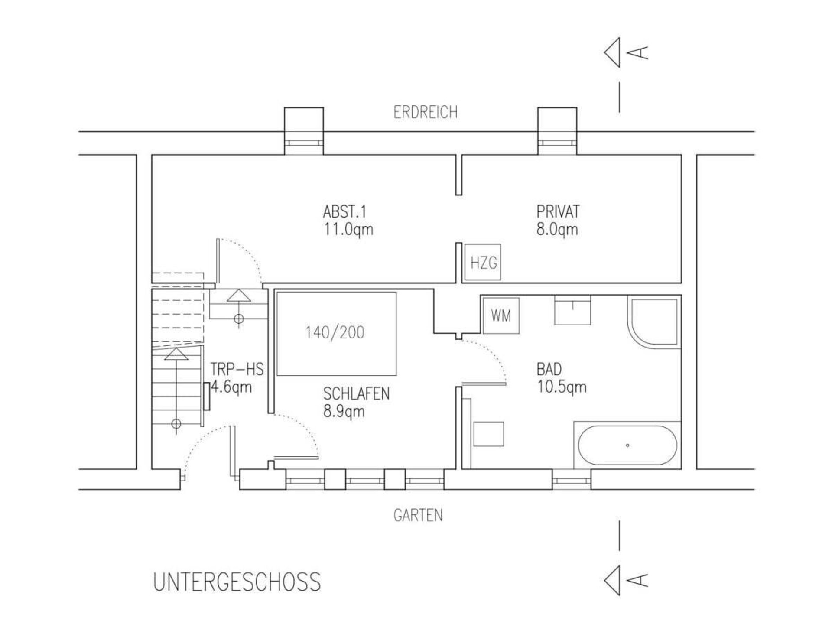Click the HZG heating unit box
(483, 262)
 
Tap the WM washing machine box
(501, 315)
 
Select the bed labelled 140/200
(337, 333)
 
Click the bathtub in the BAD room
(627, 445)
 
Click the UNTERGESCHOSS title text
(237, 582)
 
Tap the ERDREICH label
(425, 112)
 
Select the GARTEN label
(418, 515)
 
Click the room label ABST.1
(344, 212)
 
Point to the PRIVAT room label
(558, 211)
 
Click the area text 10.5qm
(562, 387)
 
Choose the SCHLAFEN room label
(356, 393)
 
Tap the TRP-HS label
(237, 369)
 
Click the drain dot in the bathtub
(627, 445)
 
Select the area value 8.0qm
(557, 229)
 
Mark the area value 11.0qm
(348, 229)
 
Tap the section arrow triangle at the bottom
(612, 580)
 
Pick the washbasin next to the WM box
(572, 310)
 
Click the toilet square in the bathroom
(488, 434)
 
